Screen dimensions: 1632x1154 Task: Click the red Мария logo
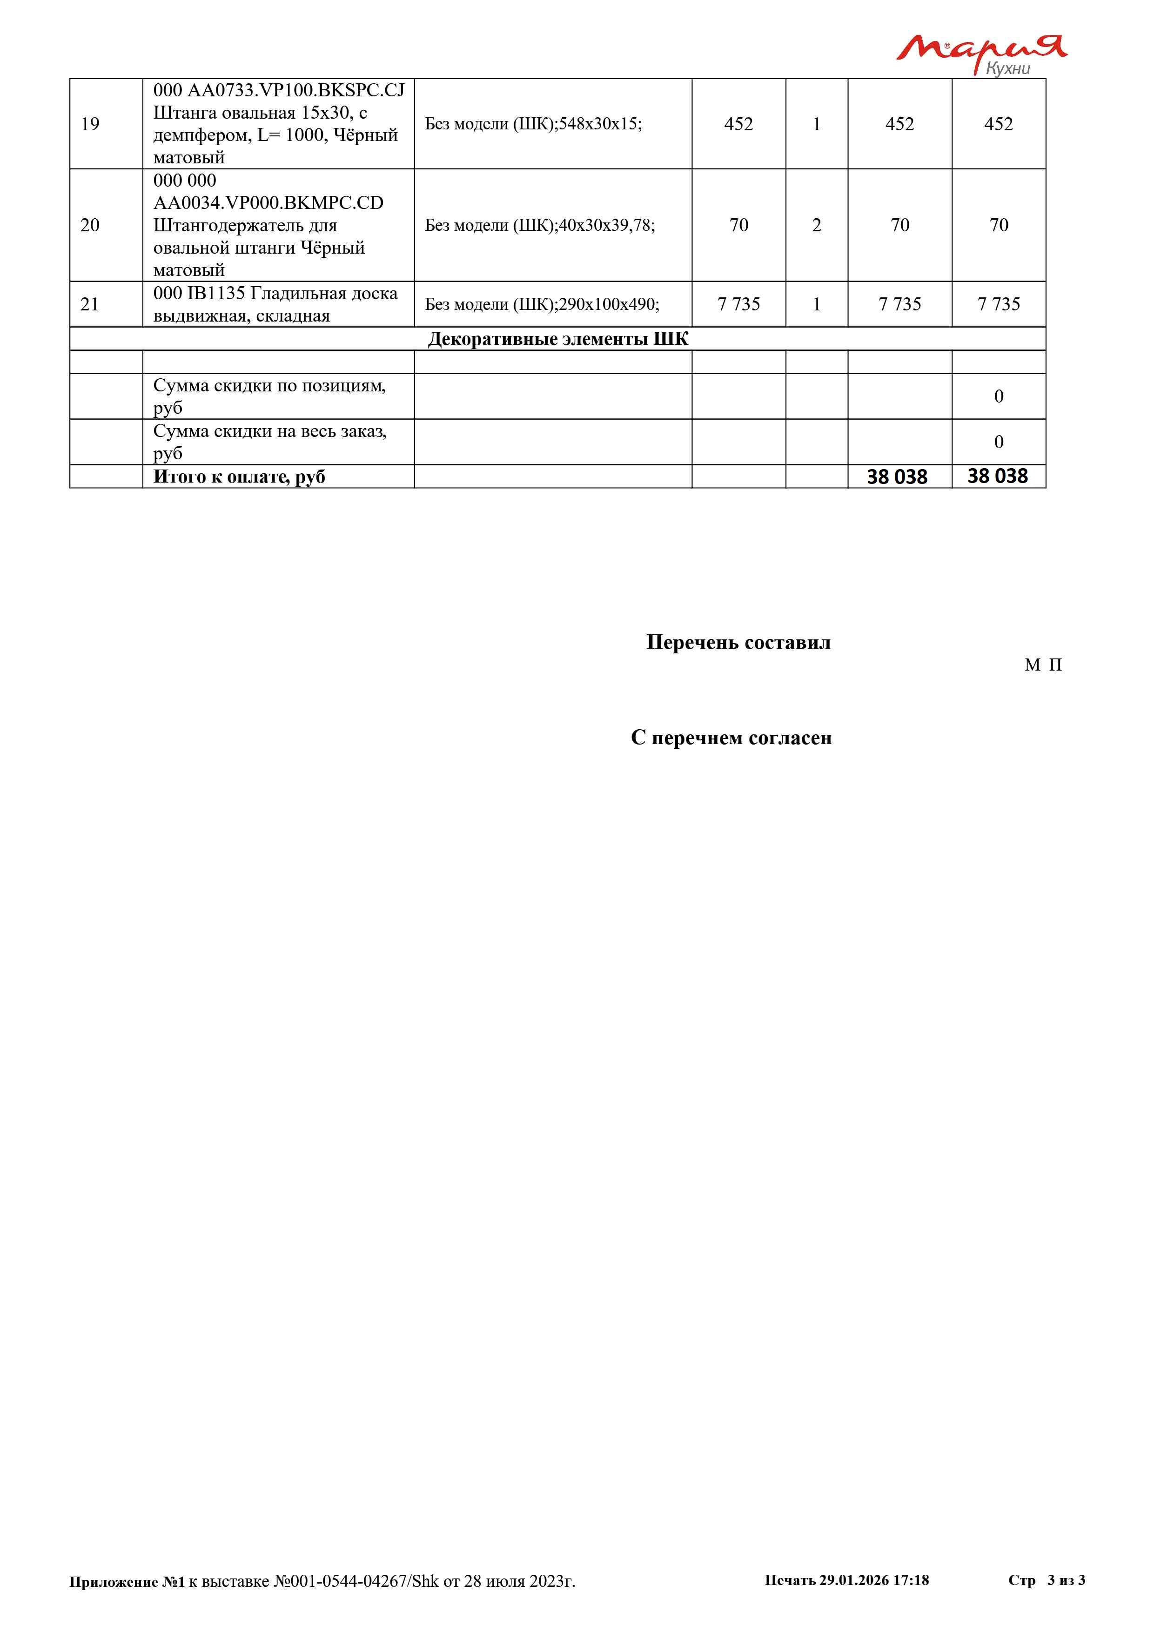[980, 48]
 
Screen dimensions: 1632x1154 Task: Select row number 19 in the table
[90, 124]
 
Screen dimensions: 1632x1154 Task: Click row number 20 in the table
[90, 225]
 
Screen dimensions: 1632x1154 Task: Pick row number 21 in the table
[89, 304]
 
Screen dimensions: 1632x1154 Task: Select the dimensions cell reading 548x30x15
[534, 124]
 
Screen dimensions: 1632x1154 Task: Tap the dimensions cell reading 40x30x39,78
[540, 225]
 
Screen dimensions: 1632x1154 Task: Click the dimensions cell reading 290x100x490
[542, 304]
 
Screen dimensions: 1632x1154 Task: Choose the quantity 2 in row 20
[817, 225]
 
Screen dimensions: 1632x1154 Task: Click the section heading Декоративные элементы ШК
[558, 339]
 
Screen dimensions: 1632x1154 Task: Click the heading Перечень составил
[738, 643]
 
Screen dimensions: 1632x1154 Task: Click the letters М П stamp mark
[1043, 665]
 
